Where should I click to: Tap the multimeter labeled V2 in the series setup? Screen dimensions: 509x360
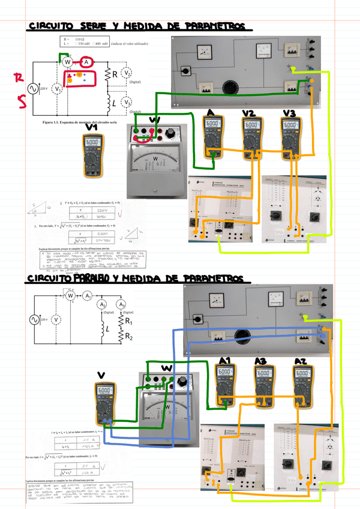pyautogui.click(x=251, y=137)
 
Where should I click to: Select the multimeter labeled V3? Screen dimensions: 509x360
pyautogui.click(x=290, y=137)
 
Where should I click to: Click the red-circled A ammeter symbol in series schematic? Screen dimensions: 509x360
pyautogui.click(x=86, y=62)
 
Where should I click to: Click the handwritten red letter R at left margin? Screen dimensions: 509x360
pyautogui.click(x=20, y=77)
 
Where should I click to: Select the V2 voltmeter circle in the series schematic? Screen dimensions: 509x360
pyautogui.click(x=127, y=73)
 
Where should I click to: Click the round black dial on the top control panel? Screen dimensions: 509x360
pyautogui.click(x=230, y=86)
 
